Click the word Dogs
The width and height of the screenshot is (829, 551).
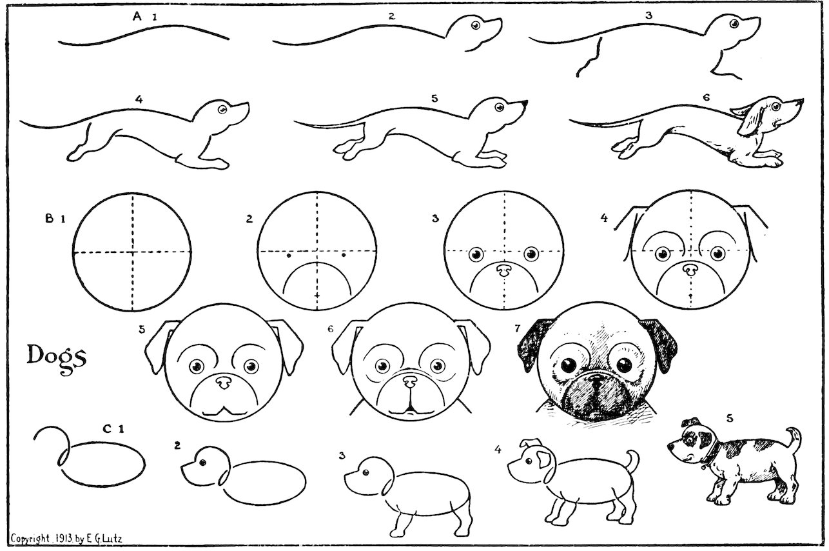pos(56,356)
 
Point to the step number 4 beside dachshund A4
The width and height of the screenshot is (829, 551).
pos(139,99)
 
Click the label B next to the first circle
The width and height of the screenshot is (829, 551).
pos(49,219)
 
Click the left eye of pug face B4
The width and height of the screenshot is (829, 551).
pos(663,254)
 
